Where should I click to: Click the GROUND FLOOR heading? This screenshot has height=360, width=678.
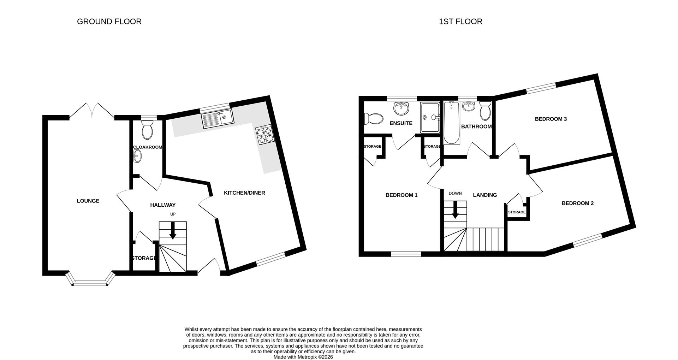109,22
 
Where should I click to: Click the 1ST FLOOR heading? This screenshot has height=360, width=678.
460,22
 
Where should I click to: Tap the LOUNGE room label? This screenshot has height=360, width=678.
88,201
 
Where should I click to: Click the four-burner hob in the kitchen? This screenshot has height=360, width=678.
265,135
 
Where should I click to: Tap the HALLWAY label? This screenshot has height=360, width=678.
163,205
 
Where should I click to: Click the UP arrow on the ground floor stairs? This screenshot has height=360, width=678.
173,231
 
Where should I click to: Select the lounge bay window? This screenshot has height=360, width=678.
90,282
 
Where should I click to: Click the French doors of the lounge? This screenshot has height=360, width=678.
92,110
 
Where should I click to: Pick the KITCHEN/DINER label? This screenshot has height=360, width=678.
244,193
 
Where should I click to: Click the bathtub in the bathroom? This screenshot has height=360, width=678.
452,123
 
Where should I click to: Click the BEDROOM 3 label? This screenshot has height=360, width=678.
551,119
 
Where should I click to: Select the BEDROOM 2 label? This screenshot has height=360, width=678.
577,203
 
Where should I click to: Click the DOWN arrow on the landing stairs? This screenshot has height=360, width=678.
455,210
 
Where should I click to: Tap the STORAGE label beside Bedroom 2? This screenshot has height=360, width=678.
517,212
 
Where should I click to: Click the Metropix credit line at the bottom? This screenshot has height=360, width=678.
303,357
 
